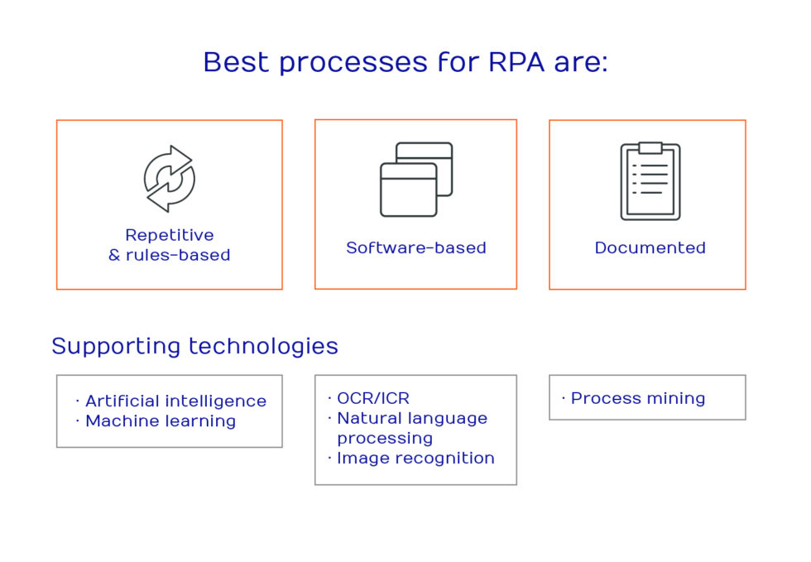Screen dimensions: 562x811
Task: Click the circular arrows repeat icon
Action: (169, 178)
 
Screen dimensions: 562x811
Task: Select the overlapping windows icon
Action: (416, 179)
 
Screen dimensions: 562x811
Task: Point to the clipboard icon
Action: (650, 181)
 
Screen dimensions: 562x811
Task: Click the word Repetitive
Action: (170, 235)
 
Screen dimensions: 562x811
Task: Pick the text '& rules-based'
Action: (170, 255)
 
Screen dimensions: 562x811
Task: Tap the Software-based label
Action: (416, 247)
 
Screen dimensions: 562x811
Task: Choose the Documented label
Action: (650, 247)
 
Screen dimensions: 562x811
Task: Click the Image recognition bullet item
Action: (415, 458)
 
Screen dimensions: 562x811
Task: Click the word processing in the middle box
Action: (385, 438)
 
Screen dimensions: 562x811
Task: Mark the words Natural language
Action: (412, 418)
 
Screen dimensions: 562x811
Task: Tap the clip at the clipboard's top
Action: (650, 147)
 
